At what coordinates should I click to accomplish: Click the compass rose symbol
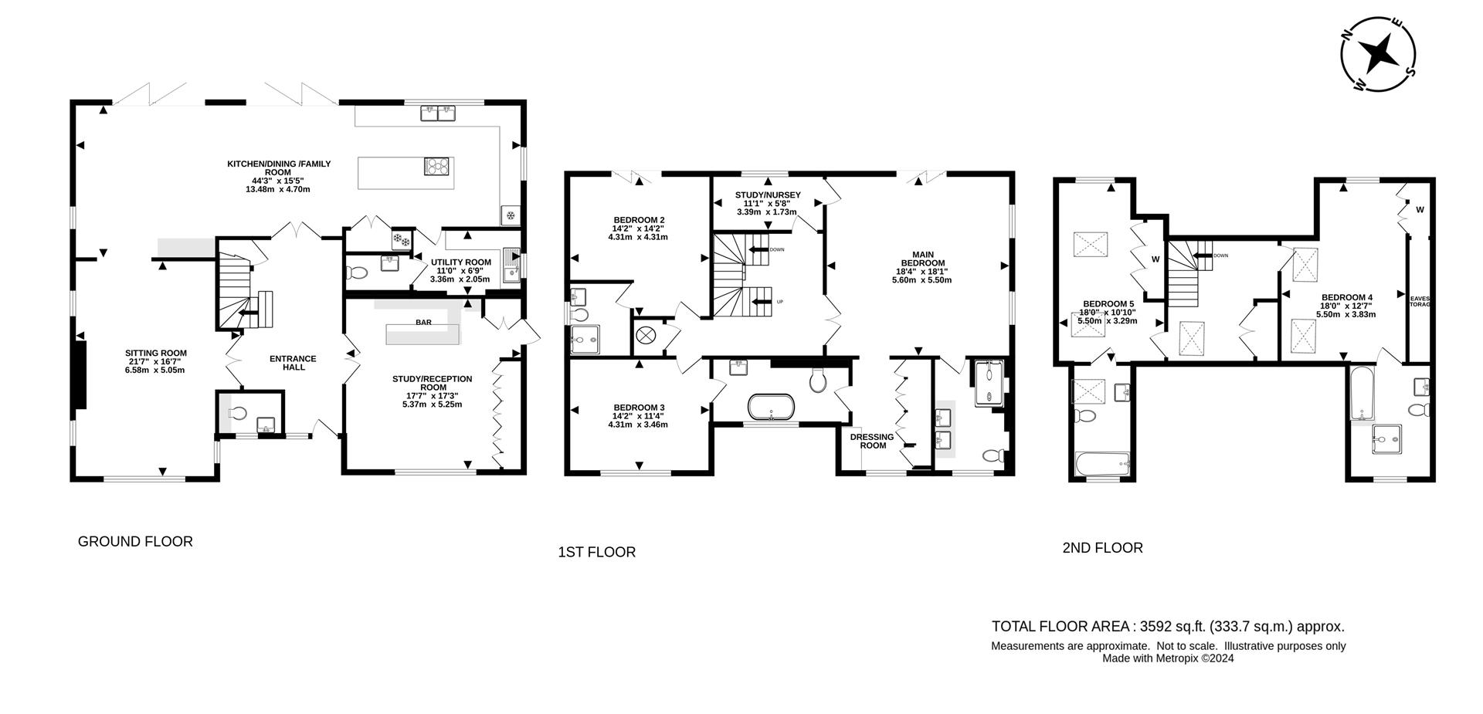[x=1378, y=55]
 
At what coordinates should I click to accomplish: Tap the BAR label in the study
[x=423, y=322]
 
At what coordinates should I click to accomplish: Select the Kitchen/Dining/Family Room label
[x=279, y=176]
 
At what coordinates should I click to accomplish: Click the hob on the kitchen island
[x=436, y=166]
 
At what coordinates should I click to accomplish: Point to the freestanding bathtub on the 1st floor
[x=772, y=407]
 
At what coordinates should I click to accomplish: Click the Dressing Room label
[x=872, y=441]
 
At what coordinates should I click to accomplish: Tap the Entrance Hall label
[x=293, y=363]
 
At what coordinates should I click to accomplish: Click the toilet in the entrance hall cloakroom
[x=239, y=415]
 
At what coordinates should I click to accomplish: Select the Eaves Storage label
[x=1420, y=301]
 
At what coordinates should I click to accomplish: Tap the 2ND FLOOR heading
[x=1102, y=548]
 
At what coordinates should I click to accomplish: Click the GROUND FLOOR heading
[x=135, y=542]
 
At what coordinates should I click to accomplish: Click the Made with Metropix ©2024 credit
[x=1168, y=658]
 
